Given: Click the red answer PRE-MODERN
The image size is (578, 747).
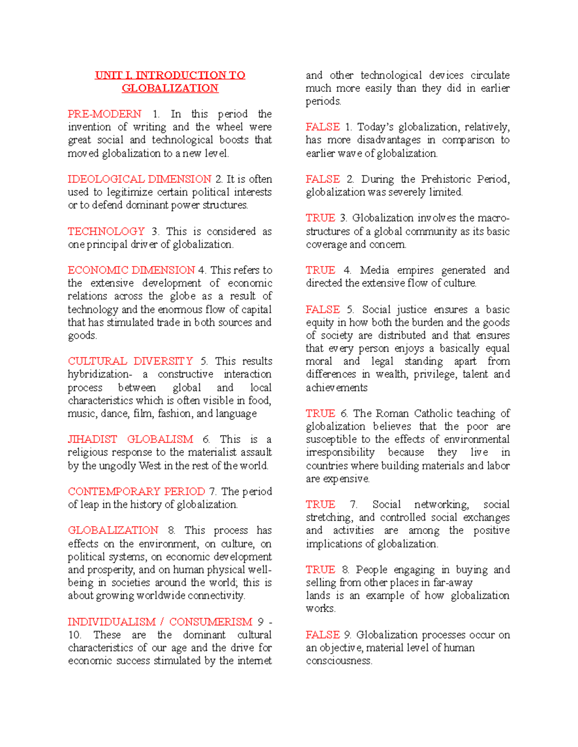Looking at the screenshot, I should [x=105, y=114].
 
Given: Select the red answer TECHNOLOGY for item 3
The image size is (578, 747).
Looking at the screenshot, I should [x=106, y=231].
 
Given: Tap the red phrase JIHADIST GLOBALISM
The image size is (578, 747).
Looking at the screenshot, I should [x=130, y=440].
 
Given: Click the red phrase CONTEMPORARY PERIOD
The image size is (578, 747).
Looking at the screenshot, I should [x=136, y=492].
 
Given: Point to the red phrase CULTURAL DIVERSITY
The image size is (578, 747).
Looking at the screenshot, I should [x=130, y=361].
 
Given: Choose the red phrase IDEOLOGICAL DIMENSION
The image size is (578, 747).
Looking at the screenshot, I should [x=139, y=179].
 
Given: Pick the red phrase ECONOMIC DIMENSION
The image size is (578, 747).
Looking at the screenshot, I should [x=131, y=270].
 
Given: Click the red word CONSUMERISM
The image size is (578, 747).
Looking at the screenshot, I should [x=210, y=622].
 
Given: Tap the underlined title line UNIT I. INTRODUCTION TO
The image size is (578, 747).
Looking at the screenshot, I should [x=170, y=76].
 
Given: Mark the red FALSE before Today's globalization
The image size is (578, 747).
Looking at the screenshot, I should [x=322, y=127].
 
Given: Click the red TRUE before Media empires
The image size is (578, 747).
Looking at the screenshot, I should [x=320, y=270].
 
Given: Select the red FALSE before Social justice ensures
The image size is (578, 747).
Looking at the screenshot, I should [x=322, y=310].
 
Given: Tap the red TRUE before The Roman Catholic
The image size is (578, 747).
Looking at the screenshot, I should [x=320, y=414].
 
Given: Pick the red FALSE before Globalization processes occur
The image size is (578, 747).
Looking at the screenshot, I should [x=322, y=635].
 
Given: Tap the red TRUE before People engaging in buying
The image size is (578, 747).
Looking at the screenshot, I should [x=320, y=570].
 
